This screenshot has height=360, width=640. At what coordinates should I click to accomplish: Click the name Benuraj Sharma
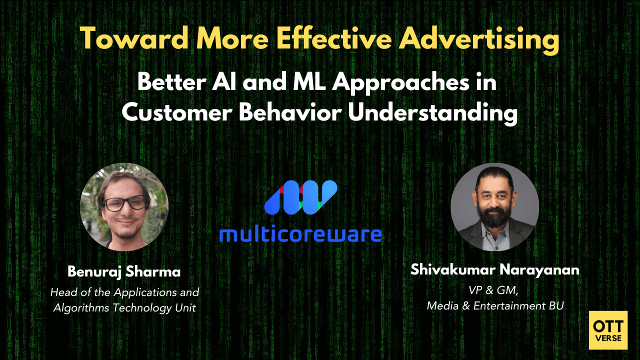tap(124, 272)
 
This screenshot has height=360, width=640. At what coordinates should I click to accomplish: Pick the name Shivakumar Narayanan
tap(494, 270)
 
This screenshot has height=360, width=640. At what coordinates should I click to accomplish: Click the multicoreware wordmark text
tap(300, 233)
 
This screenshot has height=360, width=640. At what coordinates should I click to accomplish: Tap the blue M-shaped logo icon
tap(300, 195)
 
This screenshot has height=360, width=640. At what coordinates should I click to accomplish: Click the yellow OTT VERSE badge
tap(608, 330)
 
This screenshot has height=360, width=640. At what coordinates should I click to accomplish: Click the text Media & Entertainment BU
tap(495, 305)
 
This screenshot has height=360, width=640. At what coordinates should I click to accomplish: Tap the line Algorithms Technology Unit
tap(124, 307)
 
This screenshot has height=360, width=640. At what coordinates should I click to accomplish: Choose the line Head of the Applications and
tap(124, 292)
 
